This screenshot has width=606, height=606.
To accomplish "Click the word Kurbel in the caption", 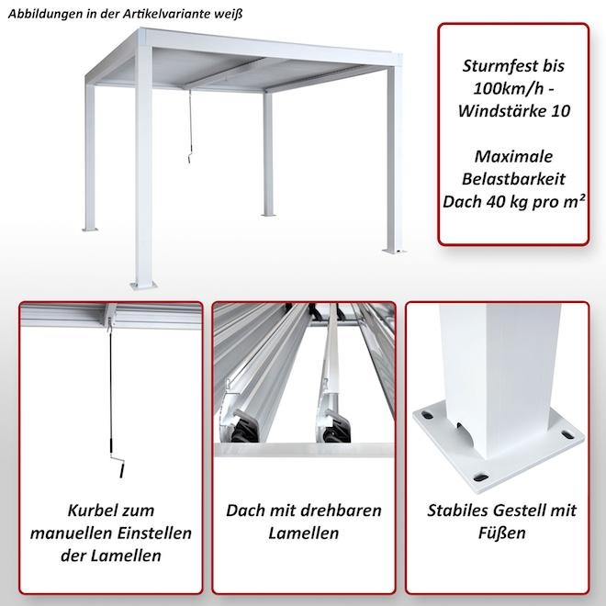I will pos(86,510).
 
